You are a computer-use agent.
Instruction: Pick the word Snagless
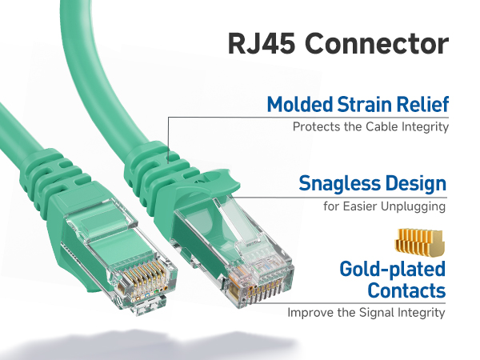[x=337, y=184]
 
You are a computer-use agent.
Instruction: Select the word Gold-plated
[x=392, y=269]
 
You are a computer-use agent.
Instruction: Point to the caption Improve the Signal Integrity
[x=366, y=313]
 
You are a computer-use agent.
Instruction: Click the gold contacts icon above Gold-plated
[x=420, y=241]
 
